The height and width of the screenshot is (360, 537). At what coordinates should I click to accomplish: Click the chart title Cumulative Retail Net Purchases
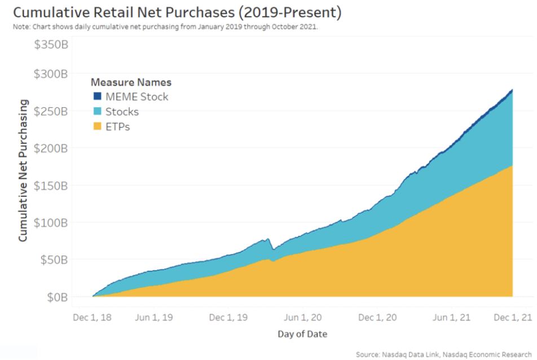coord(173,12)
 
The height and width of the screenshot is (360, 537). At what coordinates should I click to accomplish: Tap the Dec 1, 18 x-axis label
coord(93,318)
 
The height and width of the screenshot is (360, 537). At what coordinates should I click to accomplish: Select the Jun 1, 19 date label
coord(153,318)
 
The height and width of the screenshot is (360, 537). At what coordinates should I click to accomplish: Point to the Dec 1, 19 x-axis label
coord(227,318)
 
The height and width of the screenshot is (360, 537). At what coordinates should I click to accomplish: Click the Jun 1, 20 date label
coord(303,318)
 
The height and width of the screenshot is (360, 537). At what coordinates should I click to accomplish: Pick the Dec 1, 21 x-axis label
coord(513,318)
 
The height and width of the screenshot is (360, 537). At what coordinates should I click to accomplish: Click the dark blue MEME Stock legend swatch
coord(96,96)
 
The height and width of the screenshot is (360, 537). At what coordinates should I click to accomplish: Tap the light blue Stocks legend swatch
coord(96,112)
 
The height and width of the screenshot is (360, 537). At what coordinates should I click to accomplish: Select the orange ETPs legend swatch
coord(96,126)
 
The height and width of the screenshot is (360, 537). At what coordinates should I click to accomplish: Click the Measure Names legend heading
coord(131,82)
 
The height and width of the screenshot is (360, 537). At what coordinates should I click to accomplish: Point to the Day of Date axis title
coord(302,334)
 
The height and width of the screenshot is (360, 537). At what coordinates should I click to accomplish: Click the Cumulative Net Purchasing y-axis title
coord(23,170)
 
